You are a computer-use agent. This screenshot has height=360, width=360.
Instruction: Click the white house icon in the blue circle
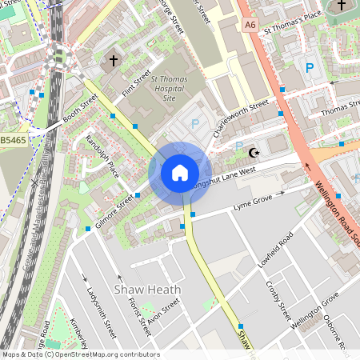(180, 172)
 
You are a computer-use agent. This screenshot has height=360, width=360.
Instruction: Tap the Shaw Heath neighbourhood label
(148, 289)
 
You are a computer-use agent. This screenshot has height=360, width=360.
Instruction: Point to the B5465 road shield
(12, 140)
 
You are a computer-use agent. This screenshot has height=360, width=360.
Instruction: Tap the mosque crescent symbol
(255, 152)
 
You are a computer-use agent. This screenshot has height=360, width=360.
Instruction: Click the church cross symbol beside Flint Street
(113, 60)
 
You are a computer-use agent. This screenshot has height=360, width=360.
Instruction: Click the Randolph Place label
(102, 157)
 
